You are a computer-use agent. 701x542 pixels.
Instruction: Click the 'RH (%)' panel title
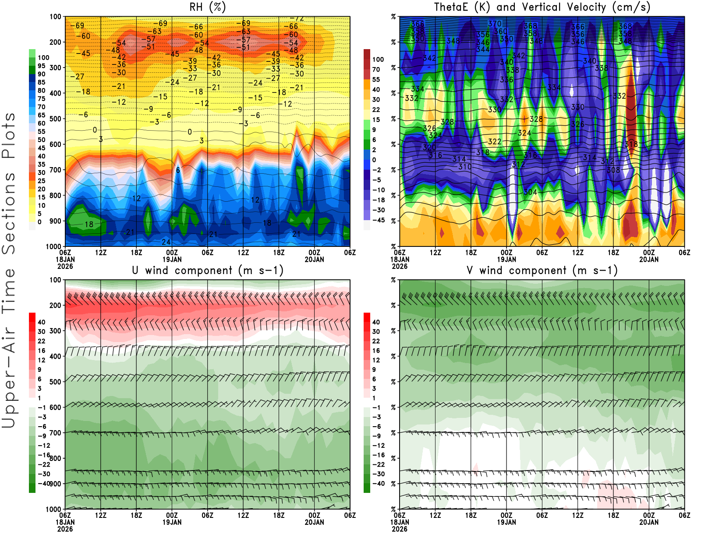point(207,7)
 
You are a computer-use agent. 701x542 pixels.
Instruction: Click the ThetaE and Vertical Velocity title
point(542,7)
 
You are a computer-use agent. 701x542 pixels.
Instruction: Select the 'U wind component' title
point(207,270)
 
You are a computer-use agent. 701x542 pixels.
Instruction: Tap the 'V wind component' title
point(542,270)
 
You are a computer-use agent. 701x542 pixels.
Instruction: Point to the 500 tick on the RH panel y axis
point(56,119)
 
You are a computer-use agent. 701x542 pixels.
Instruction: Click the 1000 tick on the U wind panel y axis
point(54,509)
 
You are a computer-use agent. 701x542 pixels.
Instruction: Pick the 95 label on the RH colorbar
point(41,66)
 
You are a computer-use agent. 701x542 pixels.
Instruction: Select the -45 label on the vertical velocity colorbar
point(379,220)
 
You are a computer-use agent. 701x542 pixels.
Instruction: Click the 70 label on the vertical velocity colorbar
point(376,69)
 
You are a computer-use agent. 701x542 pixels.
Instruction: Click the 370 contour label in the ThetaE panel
point(495,24)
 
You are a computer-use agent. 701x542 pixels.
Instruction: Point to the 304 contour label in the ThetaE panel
point(530,192)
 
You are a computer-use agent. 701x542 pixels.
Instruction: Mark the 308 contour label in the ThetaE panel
point(613,170)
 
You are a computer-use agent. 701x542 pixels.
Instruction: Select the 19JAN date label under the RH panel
point(172,259)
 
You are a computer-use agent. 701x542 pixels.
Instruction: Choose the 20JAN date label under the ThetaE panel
point(649,259)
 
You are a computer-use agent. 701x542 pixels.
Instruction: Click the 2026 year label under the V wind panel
point(400,529)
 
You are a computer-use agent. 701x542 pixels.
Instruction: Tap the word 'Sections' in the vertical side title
point(9,213)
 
